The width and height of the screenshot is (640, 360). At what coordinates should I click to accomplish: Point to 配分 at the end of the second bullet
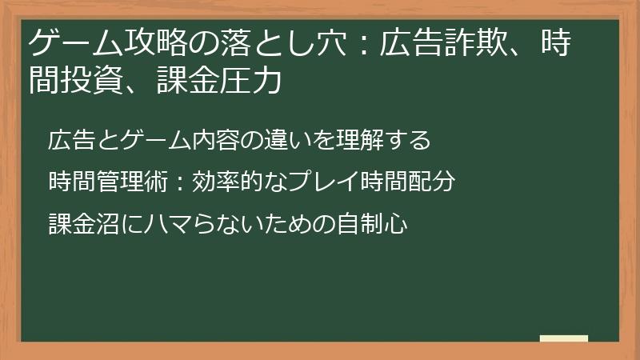coord(435,182)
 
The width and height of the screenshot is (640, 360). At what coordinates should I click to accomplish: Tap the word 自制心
coord(381,223)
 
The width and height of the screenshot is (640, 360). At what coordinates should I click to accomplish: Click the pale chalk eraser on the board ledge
coord(564,339)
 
